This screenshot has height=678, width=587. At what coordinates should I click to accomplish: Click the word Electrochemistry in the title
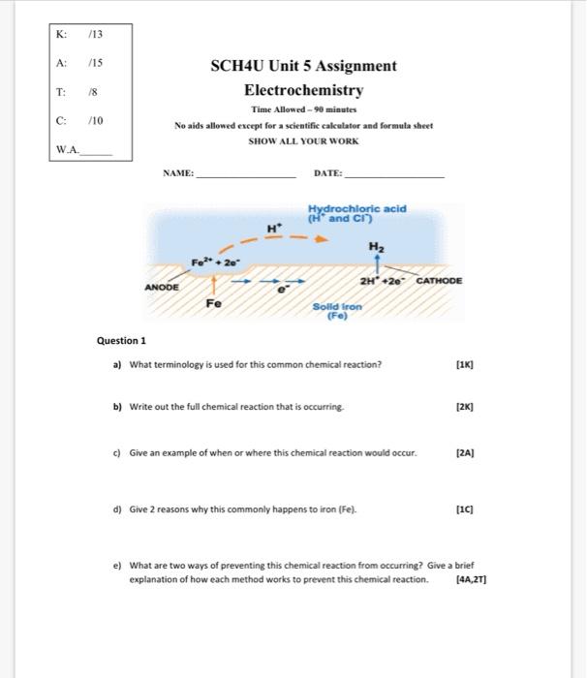(303, 90)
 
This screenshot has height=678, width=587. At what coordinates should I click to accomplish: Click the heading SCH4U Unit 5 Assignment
(303, 66)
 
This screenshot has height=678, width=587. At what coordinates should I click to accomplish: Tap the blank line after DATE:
(394, 175)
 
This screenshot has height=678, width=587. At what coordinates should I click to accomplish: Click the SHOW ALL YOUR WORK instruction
(303, 140)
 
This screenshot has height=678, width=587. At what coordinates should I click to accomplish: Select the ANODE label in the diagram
(162, 288)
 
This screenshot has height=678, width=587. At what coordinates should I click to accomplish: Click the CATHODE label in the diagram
(439, 280)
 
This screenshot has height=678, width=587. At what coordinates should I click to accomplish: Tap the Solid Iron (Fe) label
(336, 311)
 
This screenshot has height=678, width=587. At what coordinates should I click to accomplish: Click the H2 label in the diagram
(374, 247)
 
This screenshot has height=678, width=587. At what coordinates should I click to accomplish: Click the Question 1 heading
(121, 341)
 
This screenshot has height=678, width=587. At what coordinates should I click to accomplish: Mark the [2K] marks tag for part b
(466, 408)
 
